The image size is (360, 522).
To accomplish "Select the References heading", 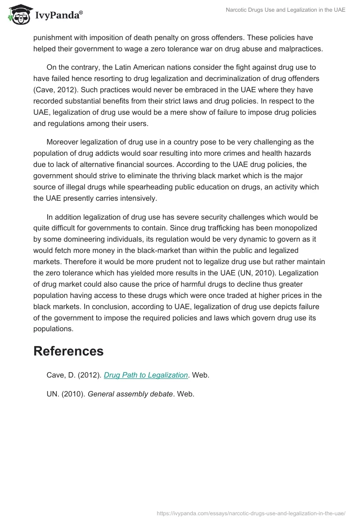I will pyautogui.click(x=68, y=351).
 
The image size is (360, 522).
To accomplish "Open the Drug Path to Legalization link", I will pyautogui.click(x=146, y=375).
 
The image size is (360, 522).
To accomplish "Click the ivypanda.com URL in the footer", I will pyautogui.click(x=251, y=513).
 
